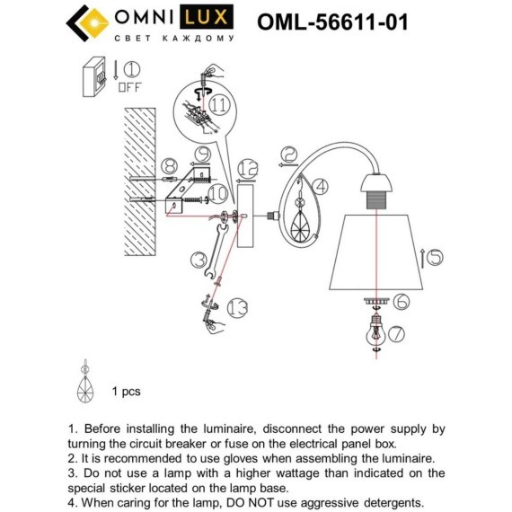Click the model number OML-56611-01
[332, 22]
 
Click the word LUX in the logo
[207, 17]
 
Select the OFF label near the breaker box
[129, 87]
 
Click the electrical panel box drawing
[94, 77]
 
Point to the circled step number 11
[219, 105]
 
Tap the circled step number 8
[170, 166]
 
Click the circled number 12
[248, 169]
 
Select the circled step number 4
[321, 187]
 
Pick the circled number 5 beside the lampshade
[436, 258]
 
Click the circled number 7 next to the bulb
[396, 334]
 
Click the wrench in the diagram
[216, 251]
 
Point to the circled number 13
[237, 307]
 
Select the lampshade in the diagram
[376, 252]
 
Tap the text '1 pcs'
[127, 392]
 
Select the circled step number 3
[199, 260]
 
